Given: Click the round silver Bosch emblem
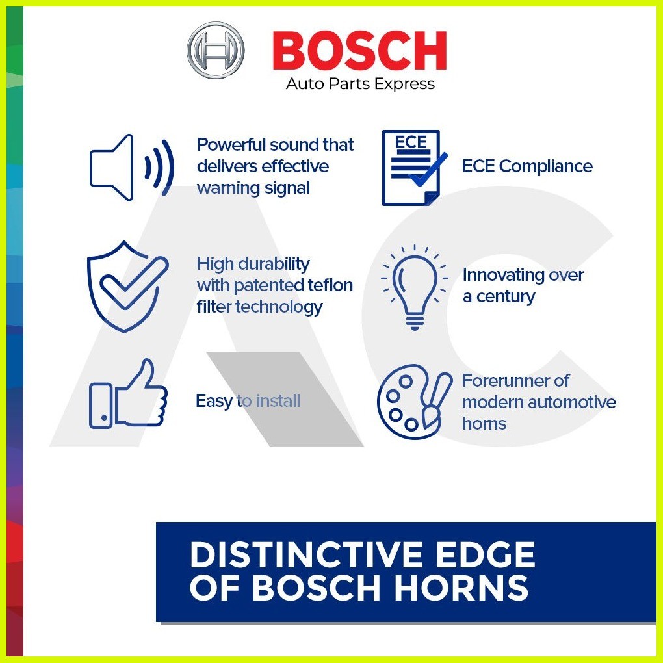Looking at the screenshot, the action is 216,50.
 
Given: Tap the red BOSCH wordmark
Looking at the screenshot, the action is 360,50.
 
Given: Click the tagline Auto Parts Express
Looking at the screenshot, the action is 360,84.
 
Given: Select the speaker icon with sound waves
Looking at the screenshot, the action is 131,168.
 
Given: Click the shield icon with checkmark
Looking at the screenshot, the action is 127,287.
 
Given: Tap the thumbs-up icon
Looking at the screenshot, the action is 128,394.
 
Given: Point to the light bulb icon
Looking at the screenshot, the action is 415,287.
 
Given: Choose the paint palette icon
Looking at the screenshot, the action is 415,402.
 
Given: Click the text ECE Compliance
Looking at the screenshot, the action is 527,166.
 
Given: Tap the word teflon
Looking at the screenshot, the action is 330,285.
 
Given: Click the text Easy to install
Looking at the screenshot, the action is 248,401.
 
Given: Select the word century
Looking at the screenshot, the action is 506,297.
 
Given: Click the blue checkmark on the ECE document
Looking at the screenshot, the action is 428,170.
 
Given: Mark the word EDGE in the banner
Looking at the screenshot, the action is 486,554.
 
